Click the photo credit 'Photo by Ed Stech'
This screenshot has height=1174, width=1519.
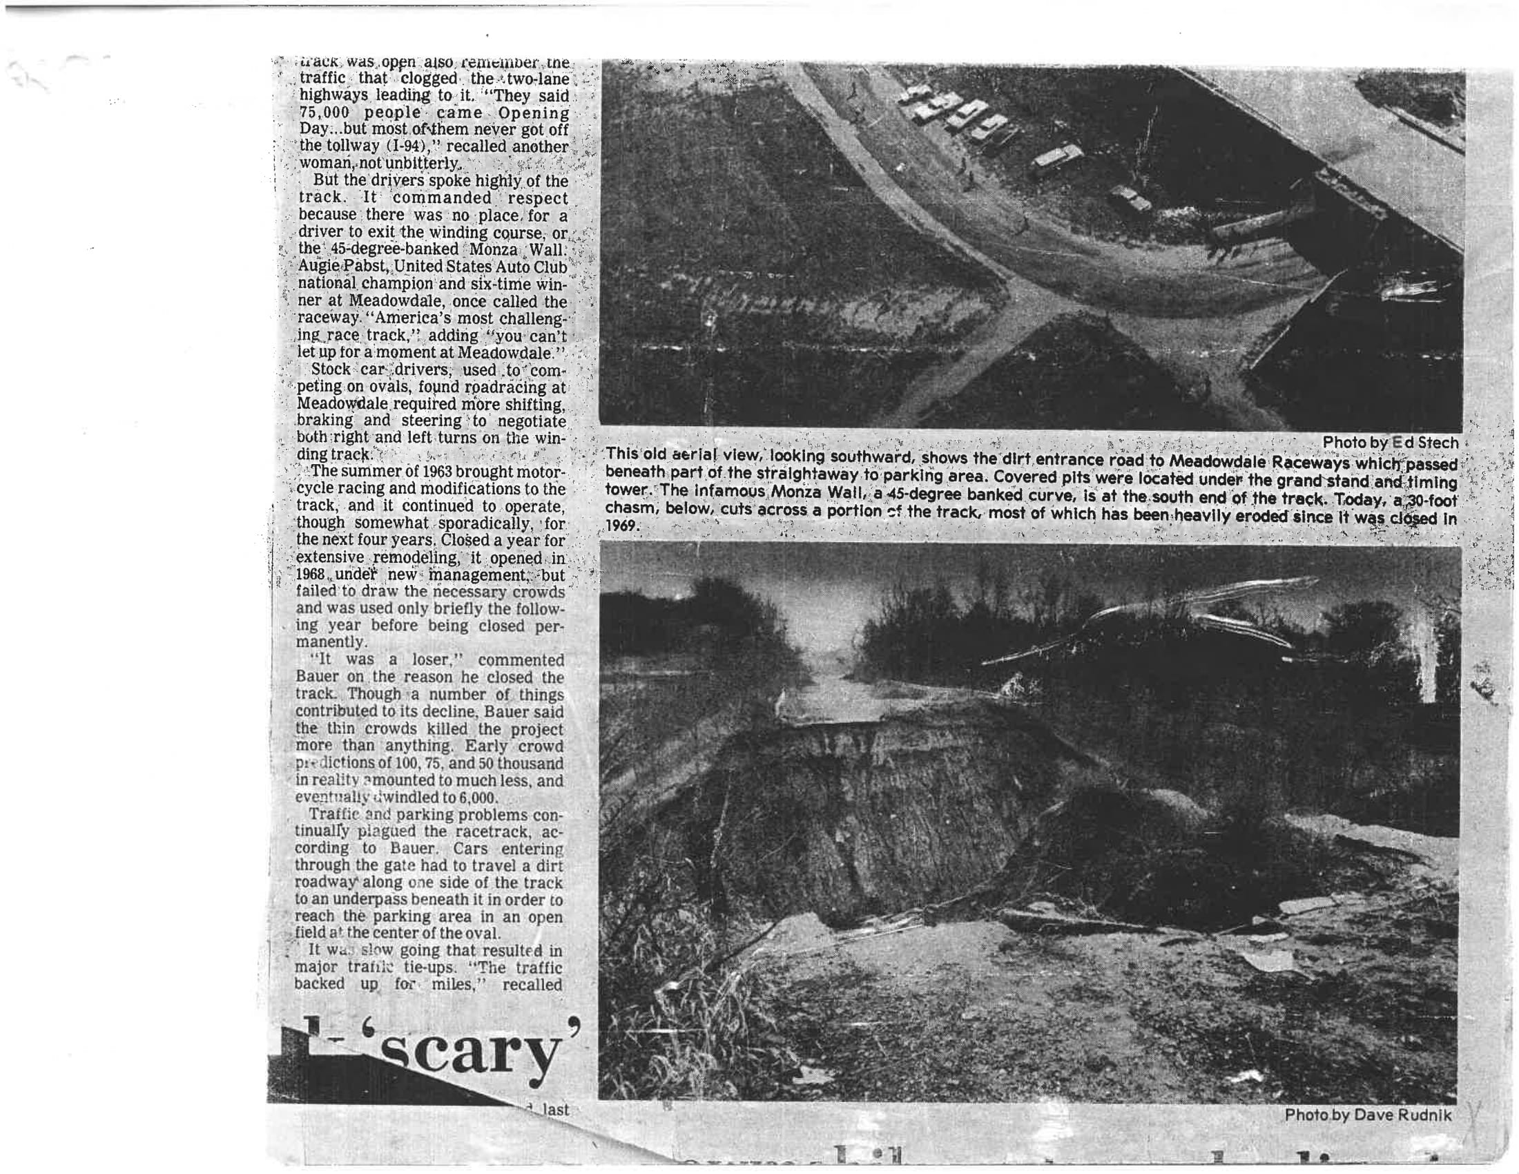1390,443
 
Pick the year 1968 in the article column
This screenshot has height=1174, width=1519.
311,575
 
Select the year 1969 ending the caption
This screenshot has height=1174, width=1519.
621,526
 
